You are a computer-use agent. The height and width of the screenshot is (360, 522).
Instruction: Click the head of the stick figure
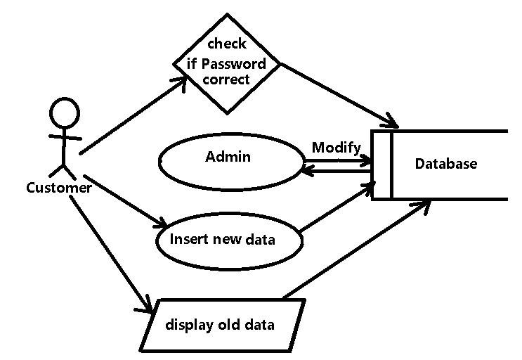coord(63,112)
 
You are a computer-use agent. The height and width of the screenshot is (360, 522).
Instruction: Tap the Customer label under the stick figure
coord(58,188)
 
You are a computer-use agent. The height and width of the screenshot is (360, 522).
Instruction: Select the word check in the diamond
coord(226,44)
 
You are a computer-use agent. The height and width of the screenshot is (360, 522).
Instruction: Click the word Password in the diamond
coord(233,64)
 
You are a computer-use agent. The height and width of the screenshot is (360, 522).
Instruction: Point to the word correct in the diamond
coord(226,79)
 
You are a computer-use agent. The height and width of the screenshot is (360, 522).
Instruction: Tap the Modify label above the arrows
coord(336,148)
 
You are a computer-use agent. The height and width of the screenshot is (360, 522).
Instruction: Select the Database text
coord(445,164)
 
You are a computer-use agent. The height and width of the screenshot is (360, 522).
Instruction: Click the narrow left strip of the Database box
coord(381,165)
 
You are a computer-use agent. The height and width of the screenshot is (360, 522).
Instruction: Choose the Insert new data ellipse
coord(229,240)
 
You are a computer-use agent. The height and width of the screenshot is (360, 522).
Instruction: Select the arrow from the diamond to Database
coord(337,95)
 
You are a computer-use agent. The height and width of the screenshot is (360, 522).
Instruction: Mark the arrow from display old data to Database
coord(355,250)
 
